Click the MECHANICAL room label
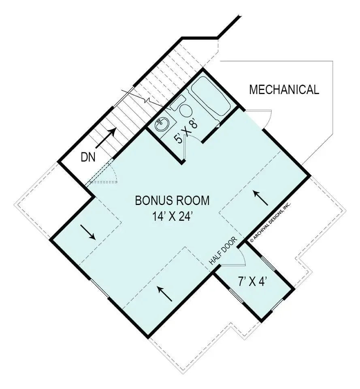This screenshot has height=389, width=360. [x=284, y=90]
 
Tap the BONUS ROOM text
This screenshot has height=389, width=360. [x=173, y=200]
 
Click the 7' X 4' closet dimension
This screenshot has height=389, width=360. [x=251, y=281]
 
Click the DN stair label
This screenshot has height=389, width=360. [x=88, y=157]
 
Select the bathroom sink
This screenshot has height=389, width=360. [x=162, y=124]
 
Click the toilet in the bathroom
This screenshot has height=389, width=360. [x=185, y=109]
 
